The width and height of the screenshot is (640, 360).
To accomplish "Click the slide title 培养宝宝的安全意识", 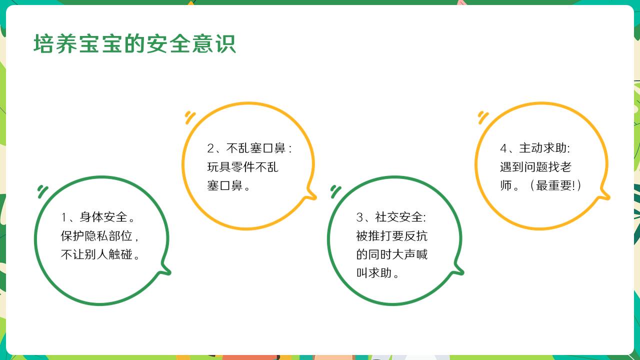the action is coord(134,43).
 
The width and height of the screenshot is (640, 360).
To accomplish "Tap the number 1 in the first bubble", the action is coord(63,217).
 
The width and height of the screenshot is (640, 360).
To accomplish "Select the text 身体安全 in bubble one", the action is coord(103,217).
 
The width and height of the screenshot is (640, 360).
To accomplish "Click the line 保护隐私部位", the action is coord(96,236).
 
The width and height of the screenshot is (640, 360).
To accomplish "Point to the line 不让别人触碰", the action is coord(96,254).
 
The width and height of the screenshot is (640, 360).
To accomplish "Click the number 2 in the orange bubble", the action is coord(210,148).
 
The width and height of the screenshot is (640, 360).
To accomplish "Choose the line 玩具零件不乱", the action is coord(242,167).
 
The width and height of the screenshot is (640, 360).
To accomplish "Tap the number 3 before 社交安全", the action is coord(359,217).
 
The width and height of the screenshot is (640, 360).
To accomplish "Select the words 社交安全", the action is coord(398,217).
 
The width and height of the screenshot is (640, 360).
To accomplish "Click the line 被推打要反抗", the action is coord(391,236).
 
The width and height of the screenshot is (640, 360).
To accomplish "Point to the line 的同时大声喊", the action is coord(391,254).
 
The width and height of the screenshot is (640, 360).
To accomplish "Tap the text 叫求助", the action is coord(373,273).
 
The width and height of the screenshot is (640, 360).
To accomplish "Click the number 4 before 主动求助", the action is coord(503,148).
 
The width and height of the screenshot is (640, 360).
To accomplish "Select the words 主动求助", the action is coord(543,148).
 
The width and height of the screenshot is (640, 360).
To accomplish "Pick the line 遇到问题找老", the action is coord(535,167).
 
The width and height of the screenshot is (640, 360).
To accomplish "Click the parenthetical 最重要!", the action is coord(555,185).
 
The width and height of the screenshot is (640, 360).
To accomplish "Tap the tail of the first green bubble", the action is coord(165,269).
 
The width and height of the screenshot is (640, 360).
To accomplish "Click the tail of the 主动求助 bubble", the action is coord(604,195).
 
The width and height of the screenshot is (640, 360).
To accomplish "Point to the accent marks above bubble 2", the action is coord(190,117).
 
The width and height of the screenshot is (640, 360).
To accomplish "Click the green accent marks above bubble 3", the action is coord(335,191).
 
